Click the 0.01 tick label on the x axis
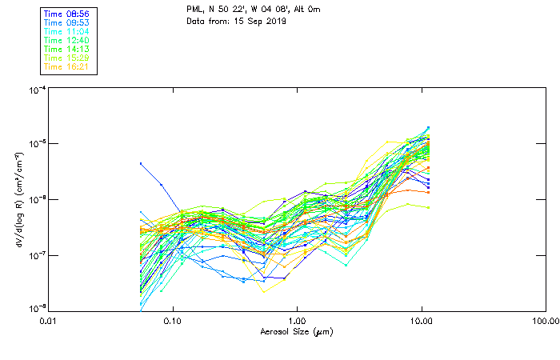point(49,321)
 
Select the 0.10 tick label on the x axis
point(173,321)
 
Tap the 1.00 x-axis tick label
point(298,321)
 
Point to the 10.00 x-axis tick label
point(422,321)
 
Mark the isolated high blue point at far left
point(142,163)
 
